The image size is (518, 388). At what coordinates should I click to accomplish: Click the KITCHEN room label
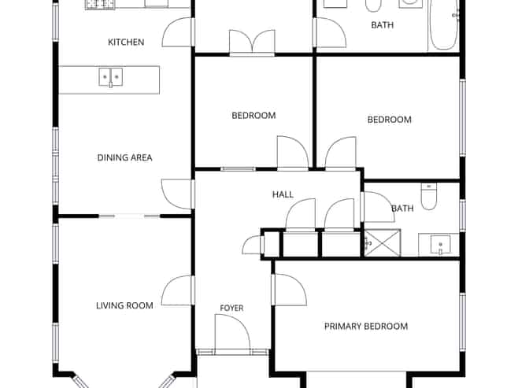tap(126, 42)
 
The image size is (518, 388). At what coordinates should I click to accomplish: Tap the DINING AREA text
tap(124, 158)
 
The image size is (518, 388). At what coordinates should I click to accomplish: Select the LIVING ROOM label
tap(124, 306)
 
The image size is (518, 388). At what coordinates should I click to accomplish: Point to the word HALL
tap(283, 194)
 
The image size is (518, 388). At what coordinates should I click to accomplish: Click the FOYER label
tap(231, 308)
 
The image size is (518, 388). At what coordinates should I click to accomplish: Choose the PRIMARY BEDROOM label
tap(366, 327)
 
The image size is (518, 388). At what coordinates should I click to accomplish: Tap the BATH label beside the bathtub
tap(383, 25)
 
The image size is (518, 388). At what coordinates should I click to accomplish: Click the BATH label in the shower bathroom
tap(402, 209)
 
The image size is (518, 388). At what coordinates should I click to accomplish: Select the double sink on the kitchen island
tap(111, 77)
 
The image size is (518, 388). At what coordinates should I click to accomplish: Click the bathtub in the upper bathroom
tap(443, 25)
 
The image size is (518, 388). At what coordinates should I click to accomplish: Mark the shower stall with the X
tap(383, 242)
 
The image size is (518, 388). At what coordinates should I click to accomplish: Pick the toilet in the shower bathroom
tap(429, 197)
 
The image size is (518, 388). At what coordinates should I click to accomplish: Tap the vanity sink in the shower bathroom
tap(439, 245)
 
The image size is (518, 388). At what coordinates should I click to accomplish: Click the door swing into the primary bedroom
tap(289, 290)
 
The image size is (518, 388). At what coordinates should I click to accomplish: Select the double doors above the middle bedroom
tap(252, 42)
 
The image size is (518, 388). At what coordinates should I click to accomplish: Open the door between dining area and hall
tap(177, 194)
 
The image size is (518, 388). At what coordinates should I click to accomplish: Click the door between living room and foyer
tap(177, 290)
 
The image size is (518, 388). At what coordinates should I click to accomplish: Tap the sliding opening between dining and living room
tap(129, 216)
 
